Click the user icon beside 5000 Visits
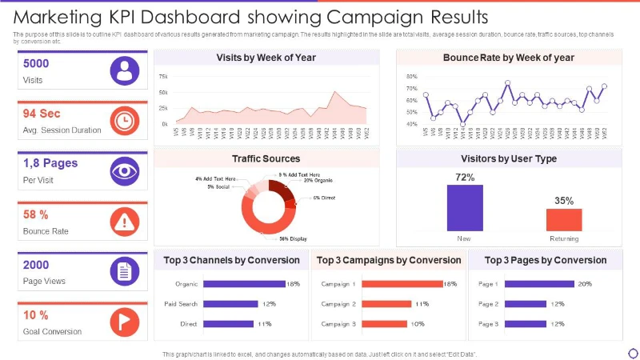[x=123, y=70]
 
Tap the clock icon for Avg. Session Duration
[x=123, y=120]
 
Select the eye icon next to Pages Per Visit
[x=123, y=170]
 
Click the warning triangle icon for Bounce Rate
[x=123, y=221]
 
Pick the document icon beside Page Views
[x=123, y=270]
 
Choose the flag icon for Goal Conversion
[x=123, y=321]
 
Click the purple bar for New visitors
[x=465, y=208]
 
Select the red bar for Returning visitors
[x=564, y=220]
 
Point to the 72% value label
[x=465, y=177]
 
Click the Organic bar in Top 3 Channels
[x=245, y=284]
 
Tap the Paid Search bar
[x=231, y=304]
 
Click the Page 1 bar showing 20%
[x=540, y=284]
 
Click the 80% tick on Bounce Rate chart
[x=412, y=76]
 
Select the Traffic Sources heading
[x=266, y=158]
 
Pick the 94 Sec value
[x=42, y=114]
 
